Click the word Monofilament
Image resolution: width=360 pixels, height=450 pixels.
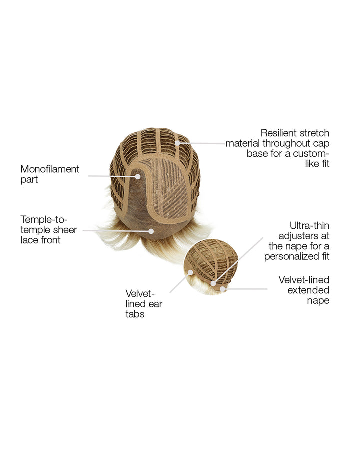(50, 169)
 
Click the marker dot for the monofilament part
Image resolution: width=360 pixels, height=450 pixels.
(138, 176)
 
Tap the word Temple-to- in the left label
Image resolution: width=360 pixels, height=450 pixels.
(44, 220)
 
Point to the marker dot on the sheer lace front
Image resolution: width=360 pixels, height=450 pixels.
(151, 231)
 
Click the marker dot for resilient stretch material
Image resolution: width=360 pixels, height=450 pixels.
(178, 143)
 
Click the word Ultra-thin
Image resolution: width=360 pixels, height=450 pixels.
(309, 226)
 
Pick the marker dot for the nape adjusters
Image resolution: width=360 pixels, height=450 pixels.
(213, 283)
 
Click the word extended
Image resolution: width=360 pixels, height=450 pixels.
(308, 290)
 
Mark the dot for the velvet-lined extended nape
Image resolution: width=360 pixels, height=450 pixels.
(222, 288)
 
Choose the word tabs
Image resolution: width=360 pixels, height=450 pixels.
(135, 314)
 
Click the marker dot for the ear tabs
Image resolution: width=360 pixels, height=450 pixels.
(190, 272)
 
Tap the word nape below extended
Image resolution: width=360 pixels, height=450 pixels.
(318, 301)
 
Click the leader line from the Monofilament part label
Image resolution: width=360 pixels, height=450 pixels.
(111, 176)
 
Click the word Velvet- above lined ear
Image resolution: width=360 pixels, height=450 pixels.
(140, 293)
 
